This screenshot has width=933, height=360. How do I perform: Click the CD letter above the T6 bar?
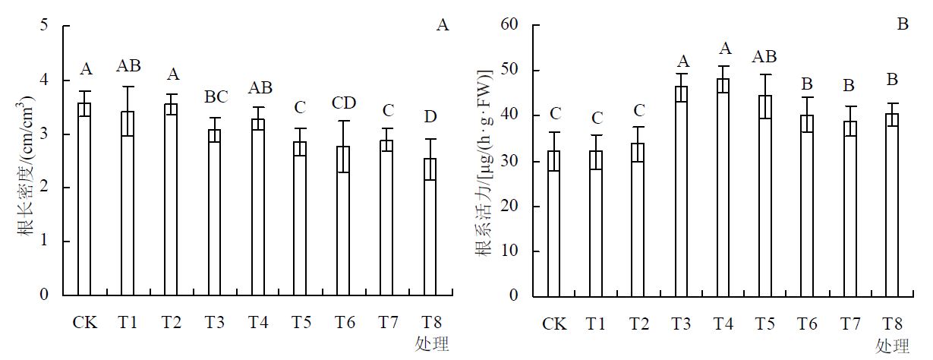coord(343,103)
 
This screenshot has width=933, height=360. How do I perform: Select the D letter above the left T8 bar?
coord(430,117)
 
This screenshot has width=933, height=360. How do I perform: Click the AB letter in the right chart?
coord(765,56)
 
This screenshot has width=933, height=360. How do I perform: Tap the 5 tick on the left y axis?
coord(44,26)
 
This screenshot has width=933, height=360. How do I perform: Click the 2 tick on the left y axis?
coord(44,188)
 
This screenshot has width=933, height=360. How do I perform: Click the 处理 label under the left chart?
coord(432,344)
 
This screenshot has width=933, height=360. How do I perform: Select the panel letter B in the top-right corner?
coord(903,24)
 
